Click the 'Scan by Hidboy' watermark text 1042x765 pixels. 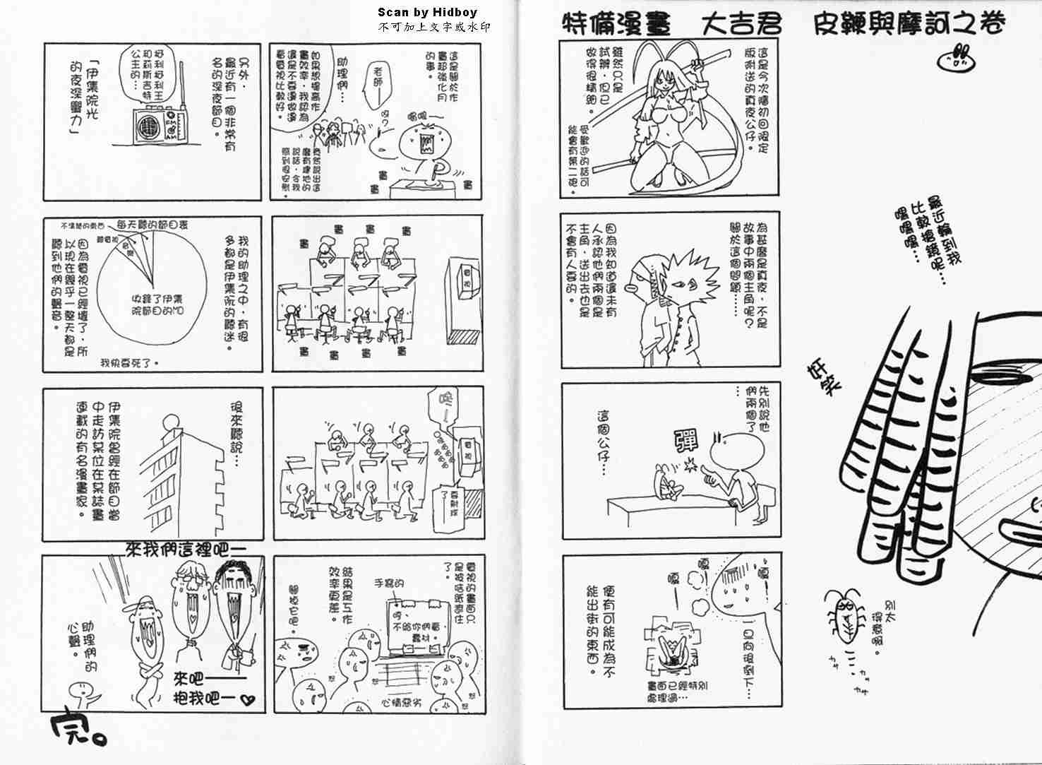tap(427, 12)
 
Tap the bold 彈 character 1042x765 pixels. tap(685, 441)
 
